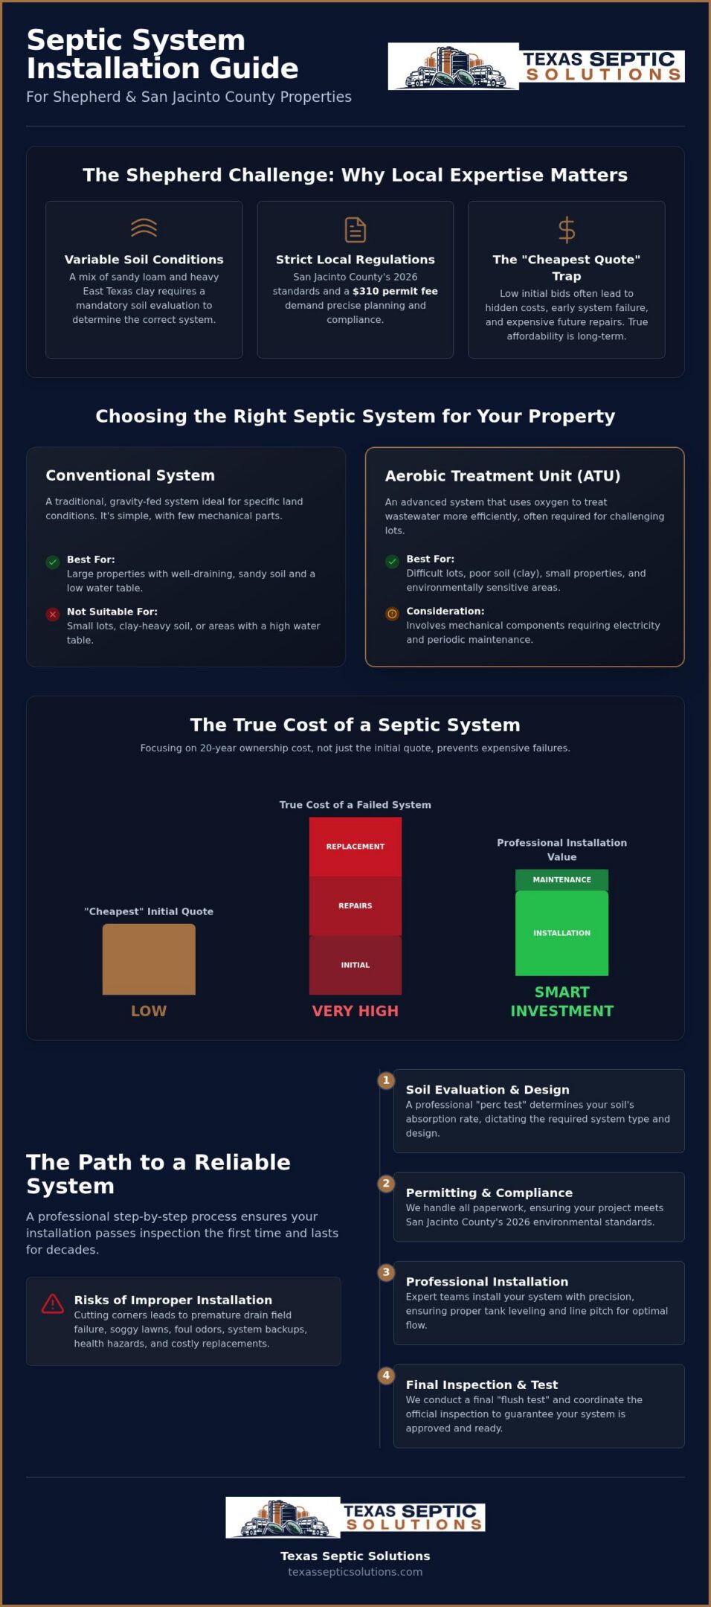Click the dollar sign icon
click(x=567, y=230)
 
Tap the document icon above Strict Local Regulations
click(x=355, y=230)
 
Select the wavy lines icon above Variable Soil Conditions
click(x=144, y=227)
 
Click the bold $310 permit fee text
click(x=395, y=291)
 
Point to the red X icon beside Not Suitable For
click(x=53, y=614)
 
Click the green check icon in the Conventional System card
click(x=53, y=562)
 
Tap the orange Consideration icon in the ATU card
click(x=392, y=614)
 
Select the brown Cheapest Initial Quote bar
click(x=149, y=959)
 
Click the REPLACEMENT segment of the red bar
click(x=355, y=847)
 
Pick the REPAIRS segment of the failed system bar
click(x=355, y=905)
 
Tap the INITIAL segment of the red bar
click(x=355, y=965)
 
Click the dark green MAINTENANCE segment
click(x=562, y=879)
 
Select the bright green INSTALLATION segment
click(x=562, y=933)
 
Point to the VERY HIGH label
click(x=355, y=1011)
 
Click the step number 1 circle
click(x=386, y=1080)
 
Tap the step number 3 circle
click(x=386, y=1272)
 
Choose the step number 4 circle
click(x=386, y=1376)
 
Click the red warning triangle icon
click(x=53, y=1303)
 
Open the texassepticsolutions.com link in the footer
click(x=355, y=1572)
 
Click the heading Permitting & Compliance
click(x=489, y=1193)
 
